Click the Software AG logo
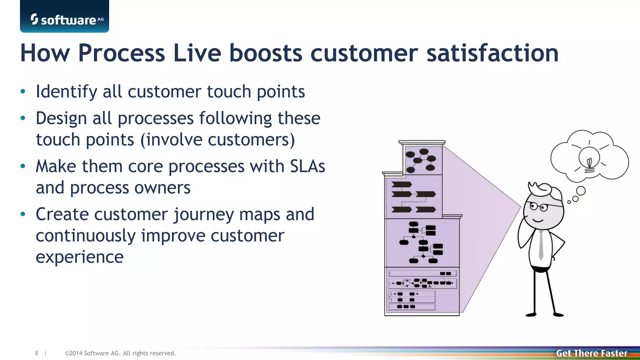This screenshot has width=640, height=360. pyautogui.click(x=65, y=19)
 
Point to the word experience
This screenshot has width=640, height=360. pyautogui.click(x=80, y=257)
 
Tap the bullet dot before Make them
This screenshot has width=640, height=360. pyautogui.click(x=23, y=166)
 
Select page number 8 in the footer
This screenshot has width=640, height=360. pyautogui.click(x=37, y=353)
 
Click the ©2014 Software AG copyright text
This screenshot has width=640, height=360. pyautogui.click(x=120, y=353)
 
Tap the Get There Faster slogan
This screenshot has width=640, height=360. pyautogui.click(x=591, y=353)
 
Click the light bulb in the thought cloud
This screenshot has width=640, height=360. pyautogui.click(x=589, y=159)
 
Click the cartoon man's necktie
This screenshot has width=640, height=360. pyautogui.click(x=541, y=245)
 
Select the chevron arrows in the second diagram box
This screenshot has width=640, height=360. pyautogui.click(x=413, y=197)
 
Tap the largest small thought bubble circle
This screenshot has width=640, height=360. pyautogui.click(x=581, y=191)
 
